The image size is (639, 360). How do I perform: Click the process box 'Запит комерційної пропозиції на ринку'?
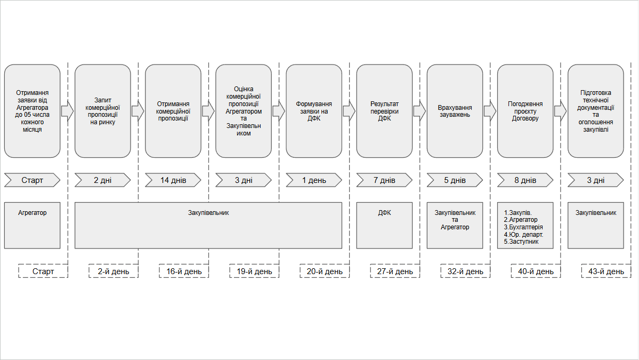pos(103,111)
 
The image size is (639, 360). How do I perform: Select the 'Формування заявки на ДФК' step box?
pos(314,111)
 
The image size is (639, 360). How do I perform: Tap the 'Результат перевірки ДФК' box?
pos(384,111)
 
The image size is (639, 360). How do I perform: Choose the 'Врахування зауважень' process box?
pos(455,111)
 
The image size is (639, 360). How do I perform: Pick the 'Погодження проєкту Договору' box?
pos(525,111)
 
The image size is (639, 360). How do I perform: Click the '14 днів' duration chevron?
pos(173,180)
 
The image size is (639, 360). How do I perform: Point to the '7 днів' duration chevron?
pos(384,180)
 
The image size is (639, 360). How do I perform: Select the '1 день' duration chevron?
pos(314,180)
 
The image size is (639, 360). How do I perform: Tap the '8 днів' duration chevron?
pos(525,180)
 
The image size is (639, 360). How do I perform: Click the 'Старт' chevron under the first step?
pos(32,180)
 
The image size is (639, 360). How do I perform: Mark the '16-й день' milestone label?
pos(184,271)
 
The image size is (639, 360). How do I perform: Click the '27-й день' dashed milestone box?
pos(395,271)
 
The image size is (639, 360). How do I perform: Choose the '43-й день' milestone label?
pos(606,271)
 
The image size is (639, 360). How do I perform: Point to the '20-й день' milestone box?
pos(325,271)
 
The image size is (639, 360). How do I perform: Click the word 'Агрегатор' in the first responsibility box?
pos(32,213)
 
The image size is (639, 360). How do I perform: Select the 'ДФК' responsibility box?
pos(384,226)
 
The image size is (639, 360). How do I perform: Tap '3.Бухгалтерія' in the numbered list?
pos(523,227)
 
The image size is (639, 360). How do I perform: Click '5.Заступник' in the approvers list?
pos(521,242)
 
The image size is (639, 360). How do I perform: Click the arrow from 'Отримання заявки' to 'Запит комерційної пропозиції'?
pos(68,111)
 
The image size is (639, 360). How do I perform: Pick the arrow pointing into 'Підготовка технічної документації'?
pos(561,111)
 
